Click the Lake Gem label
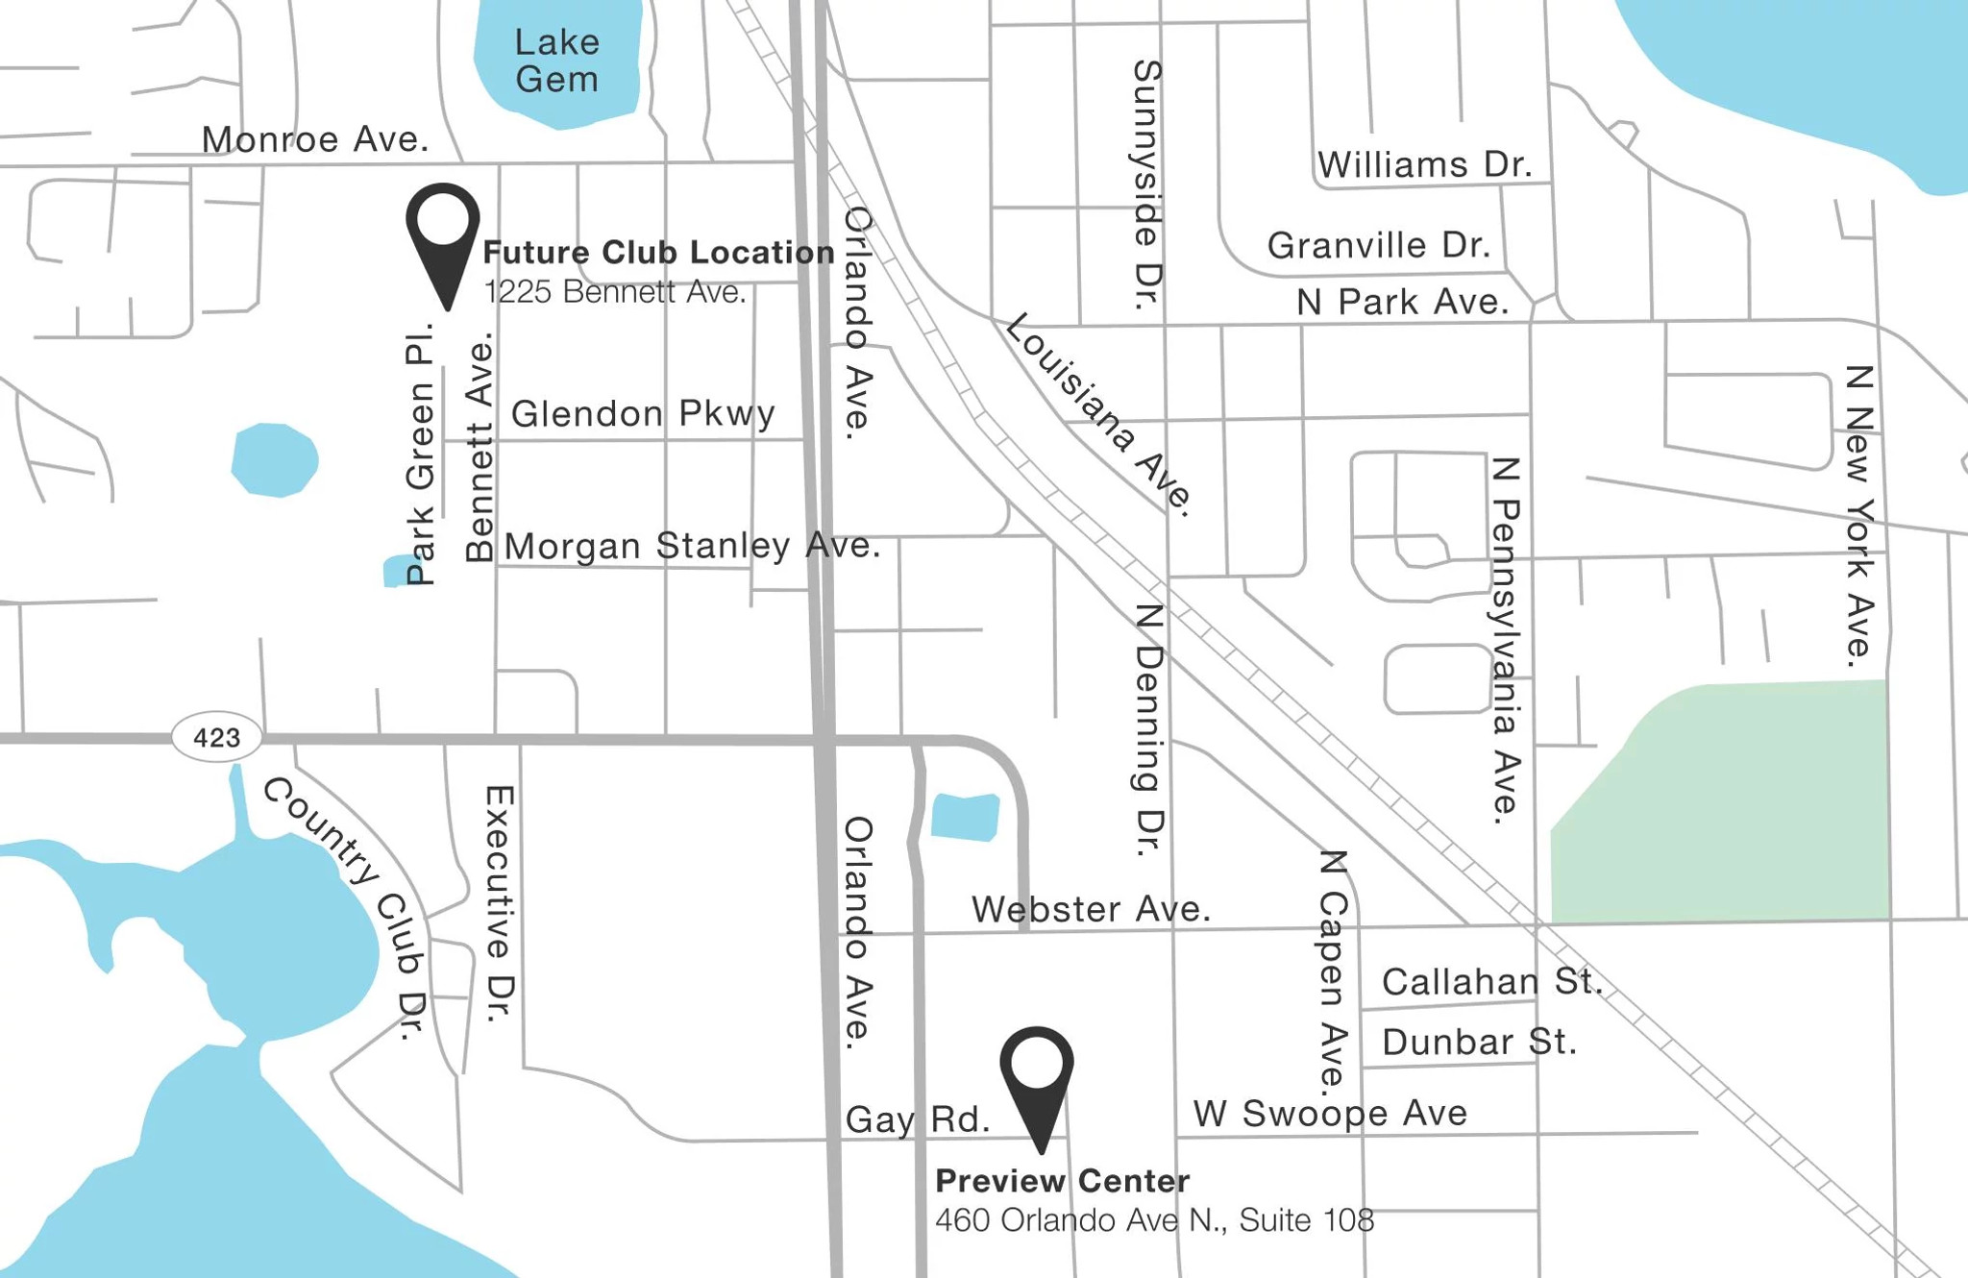pyautogui.click(x=557, y=61)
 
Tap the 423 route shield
pyautogui.click(x=216, y=738)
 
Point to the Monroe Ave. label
pyautogui.click(x=314, y=140)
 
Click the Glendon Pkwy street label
pyautogui.click(x=642, y=414)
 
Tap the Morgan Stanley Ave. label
pyautogui.click(x=692, y=546)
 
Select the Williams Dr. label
pyautogui.click(x=1423, y=165)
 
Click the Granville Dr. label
pyautogui.click(x=1378, y=246)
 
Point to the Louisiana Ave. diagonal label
pyautogui.click(x=1099, y=413)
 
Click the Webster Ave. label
pyautogui.click(x=1091, y=909)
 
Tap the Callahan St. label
pyautogui.click(x=1491, y=982)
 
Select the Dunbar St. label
pyautogui.click(x=1479, y=1042)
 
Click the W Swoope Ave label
pyautogui.click(x=1330, y=1114)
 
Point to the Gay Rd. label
pyautogui.click(x=917, y=1119)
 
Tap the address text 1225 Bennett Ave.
pyautogui.click(x=615, y=292)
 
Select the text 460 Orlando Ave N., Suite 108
pyautogui.click(x=1154, y=1220)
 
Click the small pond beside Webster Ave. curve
pyautogui.click(x=965, y=817)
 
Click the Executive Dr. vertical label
pyautogui.click(x=500, y=903)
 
